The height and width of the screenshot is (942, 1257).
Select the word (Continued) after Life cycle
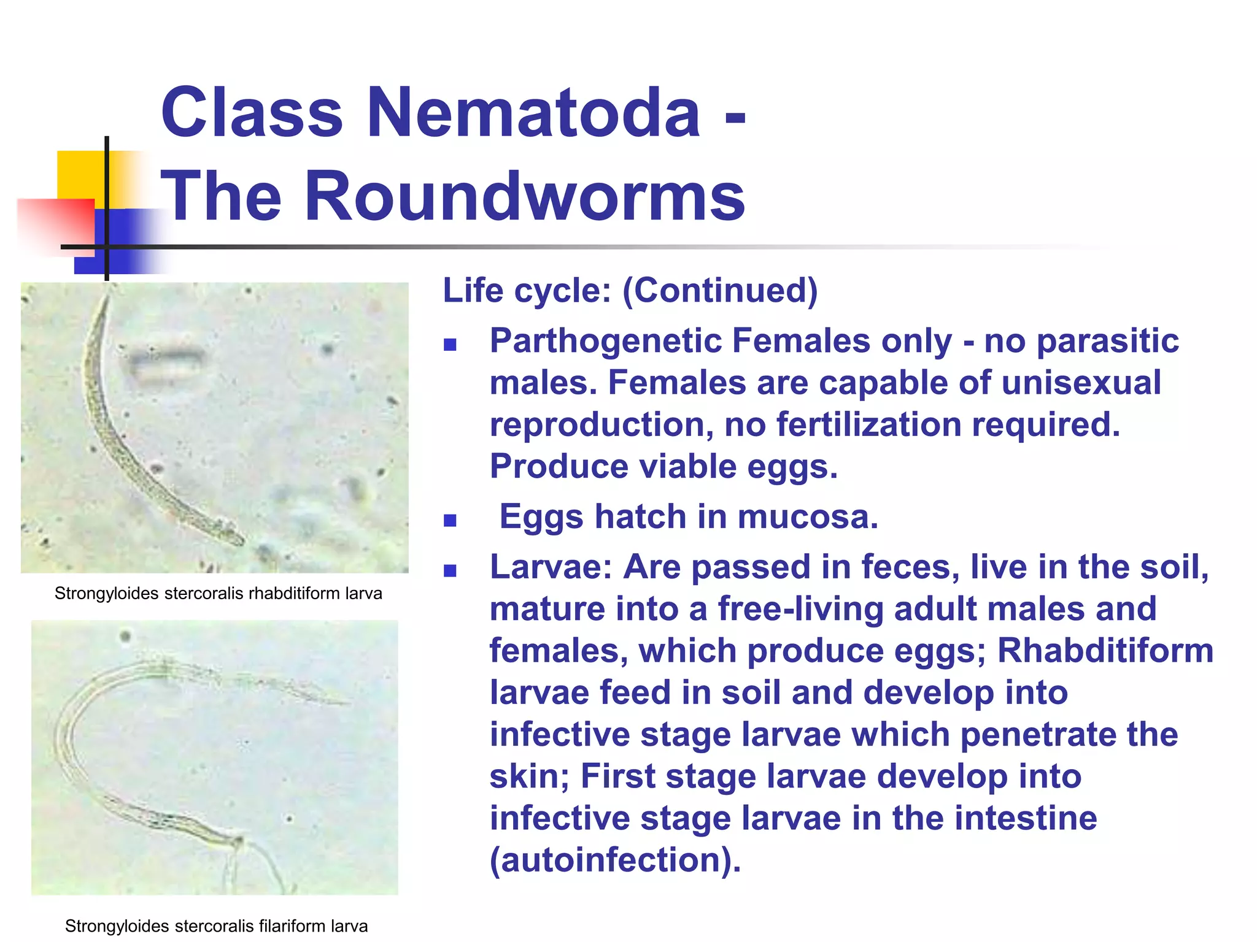pyautogui.click(x=720, y=291)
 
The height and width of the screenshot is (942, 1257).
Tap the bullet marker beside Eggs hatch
pyautogui.click(x=451, y=521)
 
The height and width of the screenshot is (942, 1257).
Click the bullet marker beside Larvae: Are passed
pyautogui.click(x=451, y=571)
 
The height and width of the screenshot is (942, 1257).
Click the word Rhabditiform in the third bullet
pyautogui.click(x=1105, y=651)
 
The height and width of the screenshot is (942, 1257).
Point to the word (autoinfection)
pyautogui.click(x=615, y=860)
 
